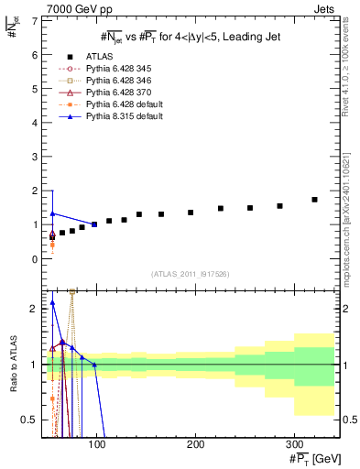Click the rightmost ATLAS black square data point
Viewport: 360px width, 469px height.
coord(314,200)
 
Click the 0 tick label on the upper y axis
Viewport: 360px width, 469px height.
coord(33,258)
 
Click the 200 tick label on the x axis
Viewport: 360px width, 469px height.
coord(195,444)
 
